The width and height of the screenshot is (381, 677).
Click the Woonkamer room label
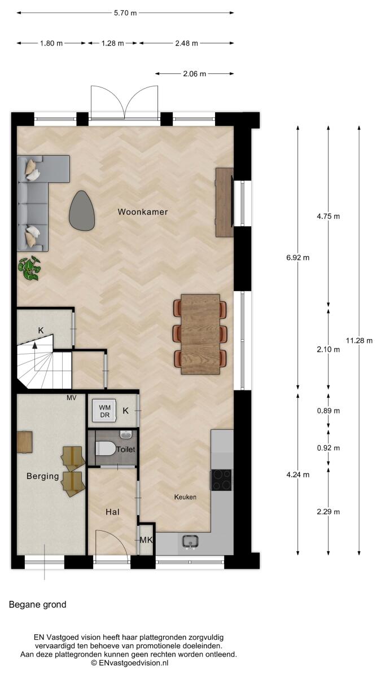click(x=143, y=212)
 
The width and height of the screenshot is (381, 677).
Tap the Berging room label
click(x=43, y=476)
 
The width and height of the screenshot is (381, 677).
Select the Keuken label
click(x=185, y=497)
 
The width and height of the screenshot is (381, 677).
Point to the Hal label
click(x=112, y=512)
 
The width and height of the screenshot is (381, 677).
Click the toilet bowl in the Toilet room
click(x=104, y=449)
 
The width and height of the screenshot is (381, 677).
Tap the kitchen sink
click(x=190, y=541)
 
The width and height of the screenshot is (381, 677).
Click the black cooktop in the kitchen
click(x=221, y=480)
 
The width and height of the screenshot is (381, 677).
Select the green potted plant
click(x=29, y=268)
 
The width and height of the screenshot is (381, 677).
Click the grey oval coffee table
click(x=82, y=210)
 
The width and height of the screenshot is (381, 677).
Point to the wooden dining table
click(x=200, y=334)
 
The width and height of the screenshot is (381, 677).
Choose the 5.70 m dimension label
click(x=125, y=13)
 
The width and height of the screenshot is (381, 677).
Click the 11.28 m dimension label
click(x=359, y=341)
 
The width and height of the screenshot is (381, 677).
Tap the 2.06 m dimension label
click(x=194, y=74)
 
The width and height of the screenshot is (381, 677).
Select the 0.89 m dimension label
click(x=329, y=411)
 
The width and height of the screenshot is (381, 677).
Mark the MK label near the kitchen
click(x=146, y=540)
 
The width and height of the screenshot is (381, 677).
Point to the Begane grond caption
click(x=37, y=604)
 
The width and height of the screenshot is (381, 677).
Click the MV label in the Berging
click(x=71, y=398)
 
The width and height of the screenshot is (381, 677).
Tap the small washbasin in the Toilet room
click(x=126, y=434)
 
